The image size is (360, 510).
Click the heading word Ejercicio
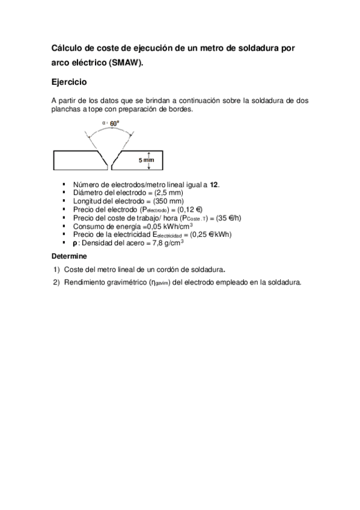pos(70,81)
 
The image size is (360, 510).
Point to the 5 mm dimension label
pos(147,161)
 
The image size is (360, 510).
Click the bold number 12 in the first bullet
pos(214,185)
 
